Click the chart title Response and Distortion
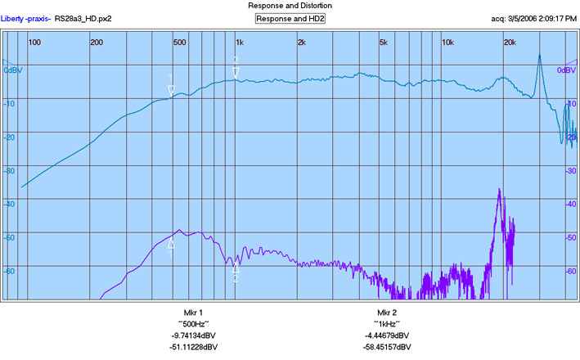tap(290, 6)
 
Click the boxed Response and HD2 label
tap(290, 19)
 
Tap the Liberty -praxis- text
tap(26, 19)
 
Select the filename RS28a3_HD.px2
tap(83, 19)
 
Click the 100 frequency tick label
tap(34, 43)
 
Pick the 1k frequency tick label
tap(240, 43)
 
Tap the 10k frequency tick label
tap(447, 43)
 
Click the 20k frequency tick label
tap(510, 43)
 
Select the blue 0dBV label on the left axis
tap(13, 70)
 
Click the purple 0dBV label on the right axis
tap(566, 70)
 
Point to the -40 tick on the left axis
tap(9, 205)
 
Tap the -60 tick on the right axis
tap(570, 271)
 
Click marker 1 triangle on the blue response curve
tap(171, 91)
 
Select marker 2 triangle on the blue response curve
tap(236, 73)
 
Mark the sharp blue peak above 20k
tap(540, 55)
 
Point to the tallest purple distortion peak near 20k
tap(500, 190)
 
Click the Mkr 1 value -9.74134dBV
tap(193, 335)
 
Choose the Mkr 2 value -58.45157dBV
tap(387, 347)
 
